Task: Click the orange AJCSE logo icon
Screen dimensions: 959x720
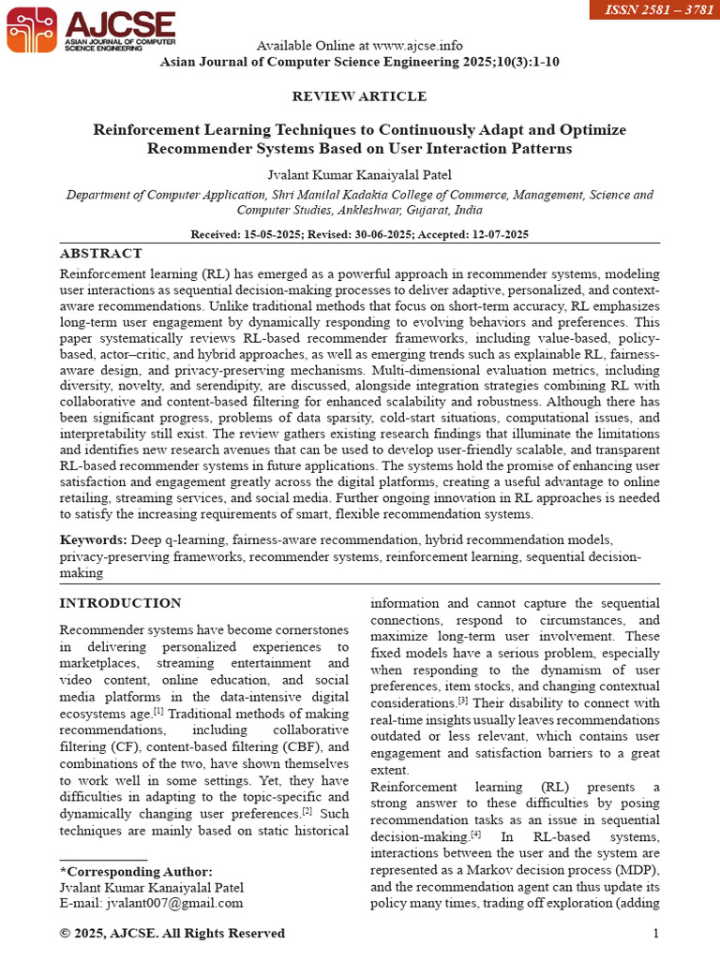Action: tap(31, 28)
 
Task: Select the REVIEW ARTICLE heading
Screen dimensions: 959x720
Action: tap(359, 96)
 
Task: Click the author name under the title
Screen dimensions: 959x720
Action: tap(359, 175)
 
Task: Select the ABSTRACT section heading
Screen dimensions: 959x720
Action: tap(101, 254)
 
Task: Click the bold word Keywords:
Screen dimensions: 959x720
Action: tap(93, 540)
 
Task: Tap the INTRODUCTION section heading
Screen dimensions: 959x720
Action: tap(120, 603)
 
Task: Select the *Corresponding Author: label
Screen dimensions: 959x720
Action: tap(136, 871)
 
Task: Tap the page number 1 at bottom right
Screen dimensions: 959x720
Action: tap(655, 933)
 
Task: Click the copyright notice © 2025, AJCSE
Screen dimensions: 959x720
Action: tap(172, 933)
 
